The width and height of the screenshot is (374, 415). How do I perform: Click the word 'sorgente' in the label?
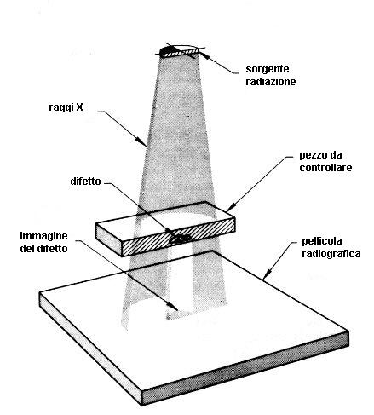268,69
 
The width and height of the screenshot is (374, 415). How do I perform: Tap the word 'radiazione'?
271,82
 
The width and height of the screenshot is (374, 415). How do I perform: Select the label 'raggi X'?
66,107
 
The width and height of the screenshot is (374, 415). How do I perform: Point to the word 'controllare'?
325,168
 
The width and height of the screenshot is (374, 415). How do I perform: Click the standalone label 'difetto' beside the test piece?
85,182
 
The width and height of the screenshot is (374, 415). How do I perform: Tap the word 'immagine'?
43,236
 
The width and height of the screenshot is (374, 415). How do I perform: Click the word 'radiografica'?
331,254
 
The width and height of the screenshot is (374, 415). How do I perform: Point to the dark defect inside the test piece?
180,239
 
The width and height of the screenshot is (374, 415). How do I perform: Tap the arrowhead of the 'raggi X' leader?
141,141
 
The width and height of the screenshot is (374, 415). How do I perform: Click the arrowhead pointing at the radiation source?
203,54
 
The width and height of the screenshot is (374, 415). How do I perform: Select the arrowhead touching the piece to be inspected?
231,207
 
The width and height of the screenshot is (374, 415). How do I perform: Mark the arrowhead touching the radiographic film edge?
266,274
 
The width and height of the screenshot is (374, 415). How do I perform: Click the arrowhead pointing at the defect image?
173,307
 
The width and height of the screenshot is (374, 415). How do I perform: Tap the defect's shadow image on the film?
178,314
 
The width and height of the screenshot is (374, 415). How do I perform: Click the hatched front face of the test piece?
178,237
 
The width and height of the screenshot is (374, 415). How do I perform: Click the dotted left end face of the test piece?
109,239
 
